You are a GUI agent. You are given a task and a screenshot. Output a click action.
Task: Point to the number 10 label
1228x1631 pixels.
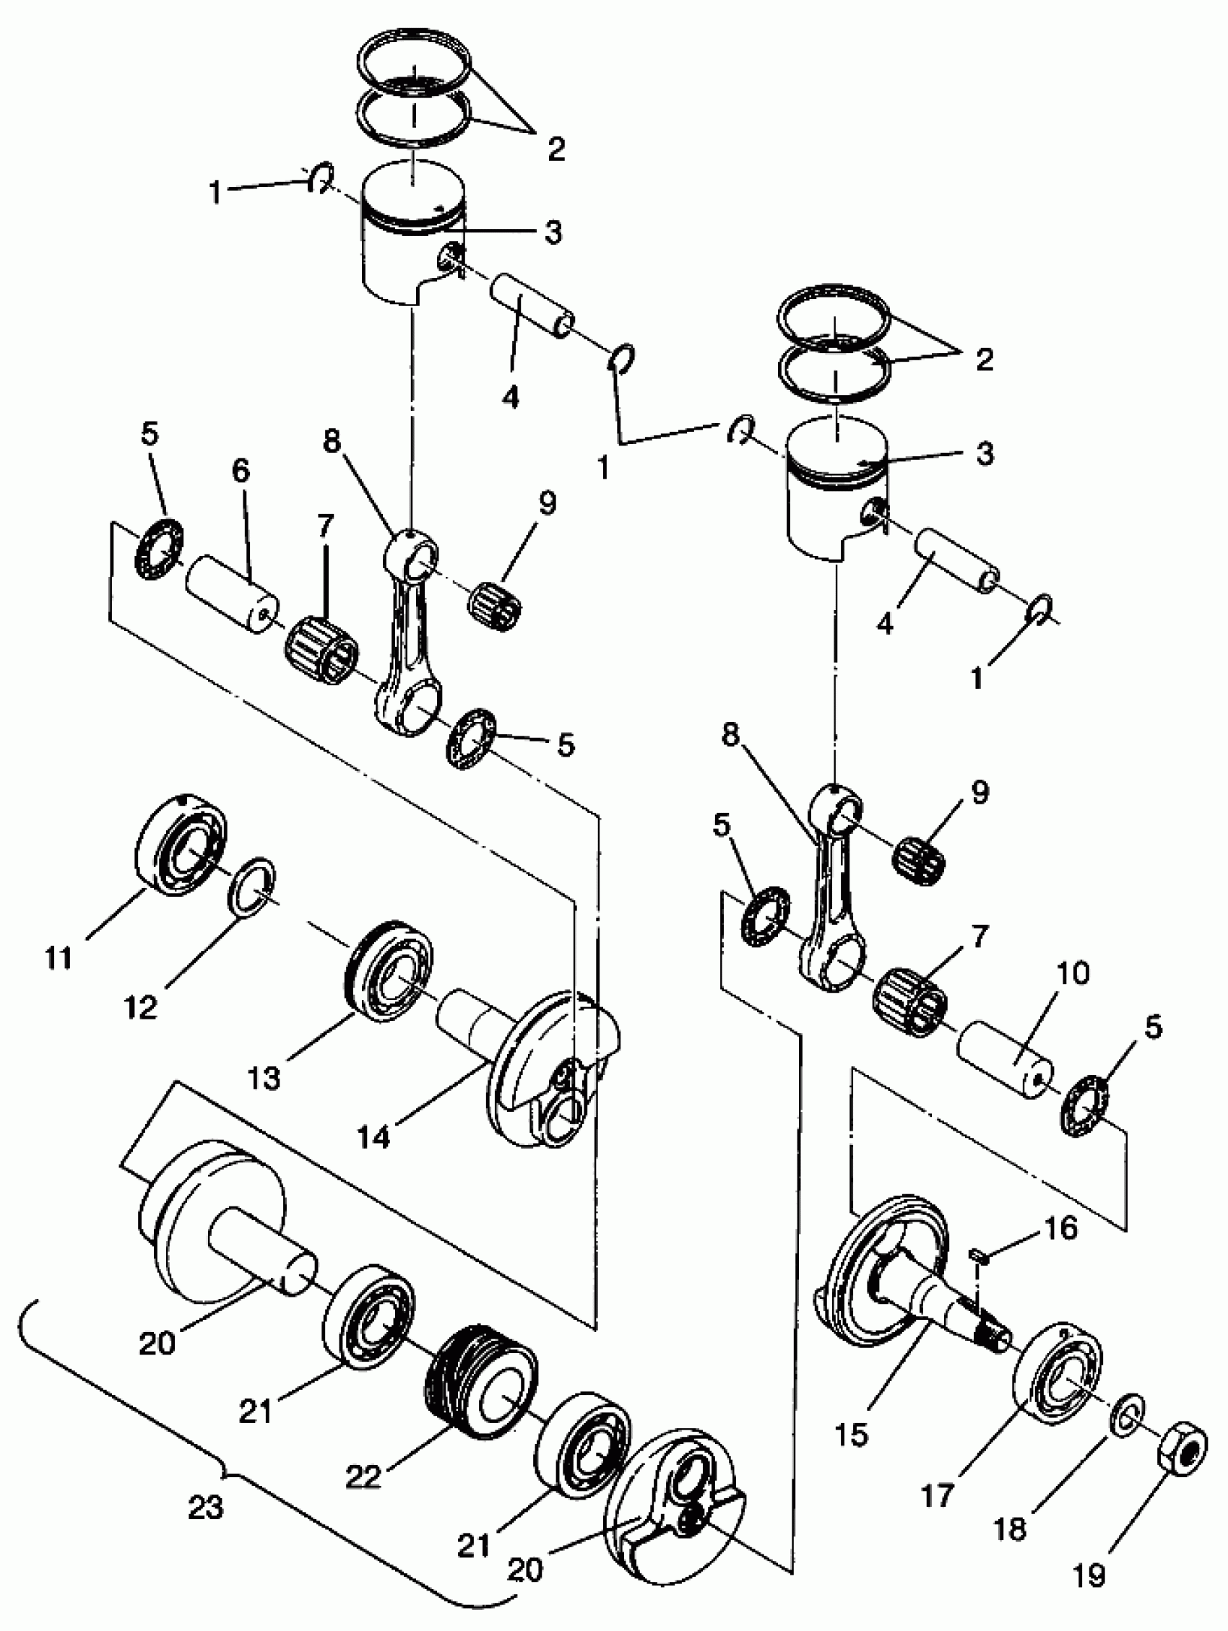1073,974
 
